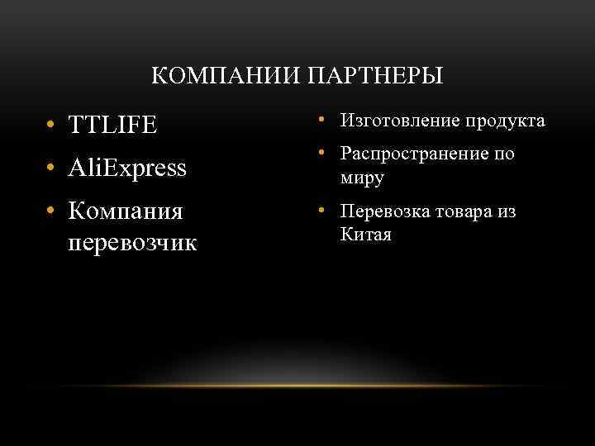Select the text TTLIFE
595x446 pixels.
tap(112, 126)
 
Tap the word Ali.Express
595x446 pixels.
tap(128, 168)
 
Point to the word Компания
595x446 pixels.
tap(125, 212)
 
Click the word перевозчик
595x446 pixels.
tap(132, 244)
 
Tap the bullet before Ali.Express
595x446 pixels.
tap(51, 169)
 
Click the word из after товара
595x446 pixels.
tap(507, 212)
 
